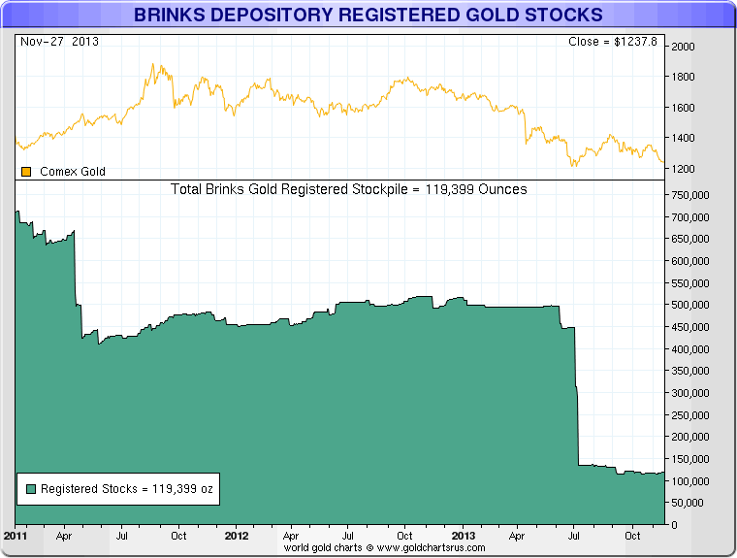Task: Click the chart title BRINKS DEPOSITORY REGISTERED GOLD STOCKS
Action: (x=368, y=15)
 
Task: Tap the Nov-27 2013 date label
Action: (x=59, y=42)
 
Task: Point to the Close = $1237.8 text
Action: (x=612, y=42)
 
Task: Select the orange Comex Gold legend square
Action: (x=26, y=172)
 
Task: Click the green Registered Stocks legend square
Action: (x=30, y=489)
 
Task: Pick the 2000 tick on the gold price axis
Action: (x=685, y=46)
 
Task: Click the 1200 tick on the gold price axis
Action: (x=685, y=169)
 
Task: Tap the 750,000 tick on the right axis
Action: (x=694, y=194)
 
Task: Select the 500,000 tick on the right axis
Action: (x=694, y=305)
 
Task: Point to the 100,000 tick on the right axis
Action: (x=694, y=481)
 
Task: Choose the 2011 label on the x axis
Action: (x=16, y=535)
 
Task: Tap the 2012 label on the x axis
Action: (x=237, y=535)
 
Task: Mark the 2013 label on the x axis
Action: (x=463, y=535)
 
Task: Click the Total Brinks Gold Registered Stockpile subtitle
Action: (x=349, y=189)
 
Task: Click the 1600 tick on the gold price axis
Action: (x=685, y=107)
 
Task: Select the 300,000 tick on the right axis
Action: (x=694, y=393)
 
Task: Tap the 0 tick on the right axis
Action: (x=676, y=525)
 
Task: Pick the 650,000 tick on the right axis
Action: (x=694, y=239)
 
